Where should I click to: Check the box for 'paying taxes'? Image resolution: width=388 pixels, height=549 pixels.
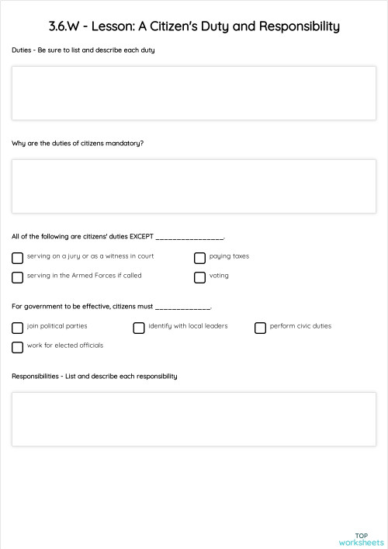[199, 258]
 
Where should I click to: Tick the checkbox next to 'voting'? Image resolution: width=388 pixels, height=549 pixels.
[199, 277]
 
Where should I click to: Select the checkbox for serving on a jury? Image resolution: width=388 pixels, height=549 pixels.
[18, 258]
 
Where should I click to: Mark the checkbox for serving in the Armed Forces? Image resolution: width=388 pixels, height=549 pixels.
[18, 277]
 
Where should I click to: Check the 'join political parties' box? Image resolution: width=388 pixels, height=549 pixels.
[18, 328]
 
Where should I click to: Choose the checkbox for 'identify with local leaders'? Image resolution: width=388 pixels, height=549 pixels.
[139, 328]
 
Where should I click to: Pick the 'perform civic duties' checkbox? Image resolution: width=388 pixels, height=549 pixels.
[260, 328]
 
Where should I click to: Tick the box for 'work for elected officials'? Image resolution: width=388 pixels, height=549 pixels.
[18, 347]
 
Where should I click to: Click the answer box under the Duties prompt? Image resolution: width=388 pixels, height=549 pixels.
[194, 93]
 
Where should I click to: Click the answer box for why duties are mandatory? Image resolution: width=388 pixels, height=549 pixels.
[194, 186]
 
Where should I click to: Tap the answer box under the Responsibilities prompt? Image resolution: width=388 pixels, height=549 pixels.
[194, 419]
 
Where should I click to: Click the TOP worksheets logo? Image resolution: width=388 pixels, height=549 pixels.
[361, 539]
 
